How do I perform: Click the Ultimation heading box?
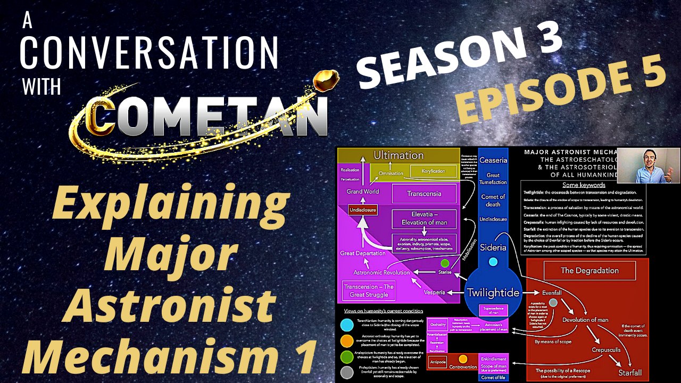[398, 155]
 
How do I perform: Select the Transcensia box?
[424, 194]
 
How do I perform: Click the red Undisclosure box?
[362, 210]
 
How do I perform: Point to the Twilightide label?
[493, 293]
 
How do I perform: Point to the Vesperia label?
[434, 293]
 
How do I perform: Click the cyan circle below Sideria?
[493, 262]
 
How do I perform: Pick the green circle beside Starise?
[445, 263]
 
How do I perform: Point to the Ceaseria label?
[493, 160]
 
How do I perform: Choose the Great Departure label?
[362, 253]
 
